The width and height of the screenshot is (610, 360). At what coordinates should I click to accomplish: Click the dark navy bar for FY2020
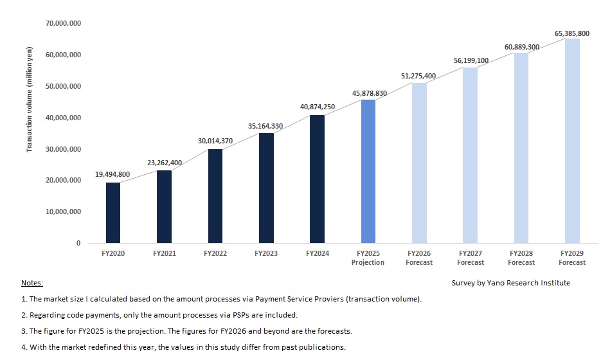coord(113,213)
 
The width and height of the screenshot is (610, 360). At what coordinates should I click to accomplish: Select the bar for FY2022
coord(215,196)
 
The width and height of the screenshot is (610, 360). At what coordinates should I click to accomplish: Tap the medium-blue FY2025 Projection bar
coord(368,171)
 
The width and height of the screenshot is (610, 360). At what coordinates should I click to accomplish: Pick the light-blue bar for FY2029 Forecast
coord(572,141)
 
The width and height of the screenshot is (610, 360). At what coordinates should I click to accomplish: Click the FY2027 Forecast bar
coord(471,155)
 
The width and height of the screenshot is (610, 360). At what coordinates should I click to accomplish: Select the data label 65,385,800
coord(572,33)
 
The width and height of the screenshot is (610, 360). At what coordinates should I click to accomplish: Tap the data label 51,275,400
coord(418,76)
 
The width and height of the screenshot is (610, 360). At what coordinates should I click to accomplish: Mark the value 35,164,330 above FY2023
coord(265,126)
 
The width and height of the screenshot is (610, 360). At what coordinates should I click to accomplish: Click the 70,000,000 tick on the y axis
coord(63,23)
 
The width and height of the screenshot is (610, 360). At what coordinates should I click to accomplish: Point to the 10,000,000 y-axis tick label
coord(63,212)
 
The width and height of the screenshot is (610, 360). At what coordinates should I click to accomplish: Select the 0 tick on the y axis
coord(78,243)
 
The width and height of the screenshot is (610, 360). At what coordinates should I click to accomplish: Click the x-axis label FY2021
coord(164,254)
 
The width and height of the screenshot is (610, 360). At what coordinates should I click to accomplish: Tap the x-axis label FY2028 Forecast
coord(521,258)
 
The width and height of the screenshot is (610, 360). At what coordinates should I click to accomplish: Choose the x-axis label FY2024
coord(317,254)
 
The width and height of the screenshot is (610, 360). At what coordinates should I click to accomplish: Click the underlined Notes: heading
coord(31,283)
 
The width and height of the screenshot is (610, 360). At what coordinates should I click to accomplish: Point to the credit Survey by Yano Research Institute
coord(511,283)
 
